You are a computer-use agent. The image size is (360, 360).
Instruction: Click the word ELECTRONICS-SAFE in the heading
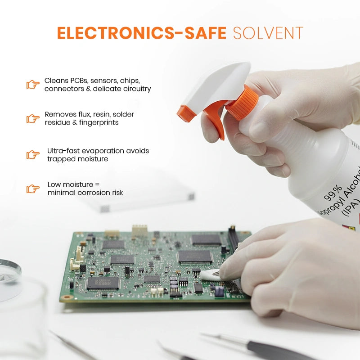[x=142, y=33]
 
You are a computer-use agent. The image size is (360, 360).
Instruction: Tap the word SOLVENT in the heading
[x=268, y=33]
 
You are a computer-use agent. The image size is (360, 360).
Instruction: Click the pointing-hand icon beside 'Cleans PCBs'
[x=33, y=85]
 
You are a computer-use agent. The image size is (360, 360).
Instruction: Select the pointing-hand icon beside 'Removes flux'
[x=33, y=118]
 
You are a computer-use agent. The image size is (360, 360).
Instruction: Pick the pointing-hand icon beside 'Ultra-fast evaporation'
[x=33, y=155]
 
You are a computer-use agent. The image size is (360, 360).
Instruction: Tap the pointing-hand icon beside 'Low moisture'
[x=33, y=189]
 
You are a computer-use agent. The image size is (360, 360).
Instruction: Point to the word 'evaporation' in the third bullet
[x=103, y=151]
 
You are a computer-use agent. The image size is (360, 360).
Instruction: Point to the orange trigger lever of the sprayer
[x=216, y=119]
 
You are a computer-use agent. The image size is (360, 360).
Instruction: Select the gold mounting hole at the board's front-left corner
[x=67, y=297]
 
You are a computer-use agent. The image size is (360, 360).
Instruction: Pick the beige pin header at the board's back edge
[x=139, y=230]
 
